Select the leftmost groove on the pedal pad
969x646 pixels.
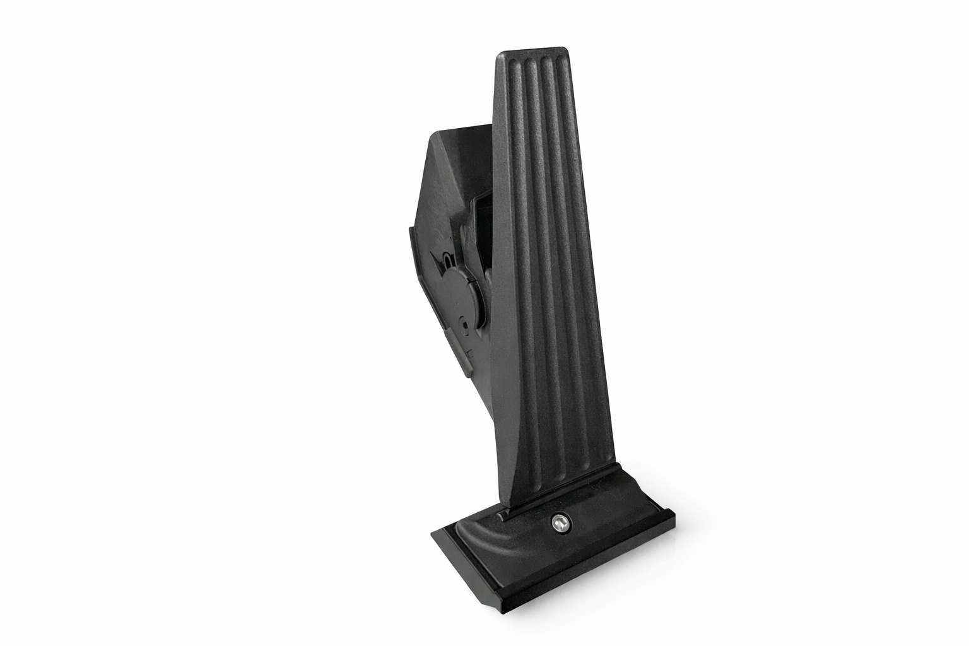[x=518, y=252]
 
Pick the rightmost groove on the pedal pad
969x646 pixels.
[x=567, y=252]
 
